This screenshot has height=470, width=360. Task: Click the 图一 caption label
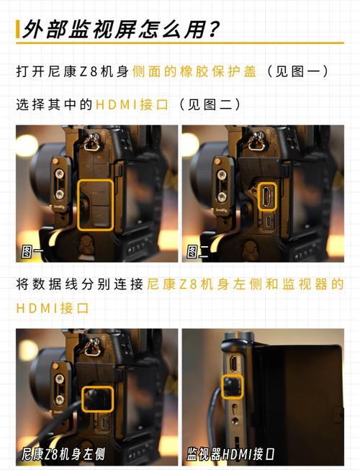[x=33, y=251]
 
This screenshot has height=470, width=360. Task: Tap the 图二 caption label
[x=198, y=251]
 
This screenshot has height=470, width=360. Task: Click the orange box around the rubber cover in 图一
[x=95, y=204]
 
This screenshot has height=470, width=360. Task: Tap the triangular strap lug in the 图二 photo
[x=256, y=143]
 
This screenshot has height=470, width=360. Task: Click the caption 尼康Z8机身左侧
[x=63, y=454]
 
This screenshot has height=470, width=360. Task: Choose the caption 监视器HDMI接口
[x=230, y=454]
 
